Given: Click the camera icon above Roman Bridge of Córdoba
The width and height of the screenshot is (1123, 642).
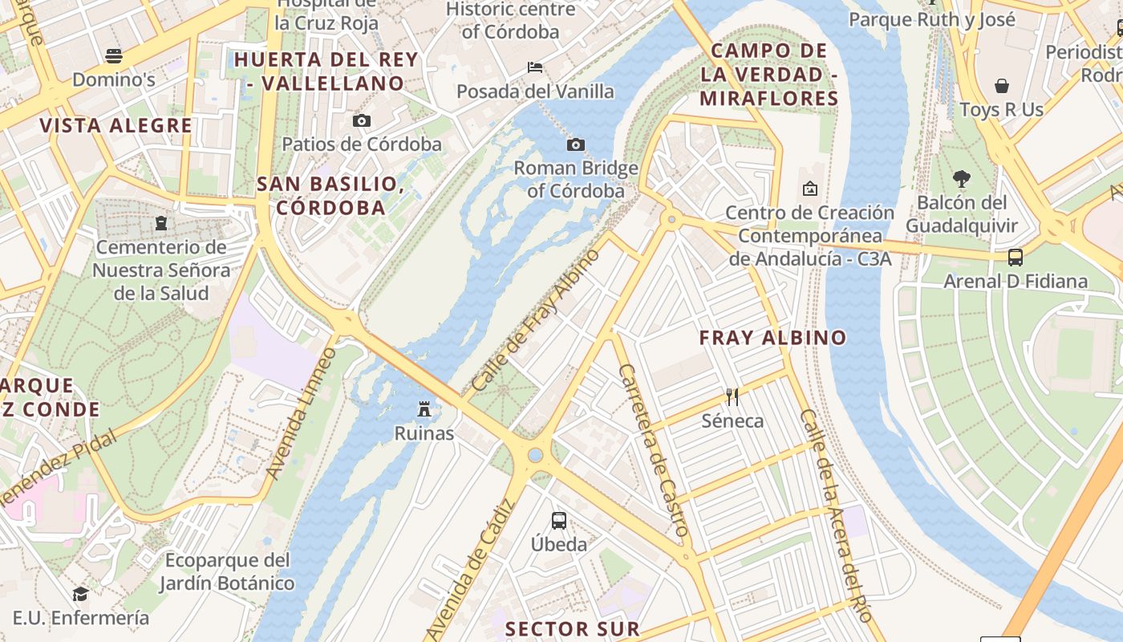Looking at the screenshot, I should (x=575, y=145).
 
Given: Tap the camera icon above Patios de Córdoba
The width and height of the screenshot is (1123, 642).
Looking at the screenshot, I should (x=362, y=121).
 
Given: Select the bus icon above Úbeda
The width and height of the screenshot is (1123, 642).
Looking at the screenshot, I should (x=559, y=520).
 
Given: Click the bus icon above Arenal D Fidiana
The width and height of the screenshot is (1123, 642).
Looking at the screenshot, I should (x=1016, y=258).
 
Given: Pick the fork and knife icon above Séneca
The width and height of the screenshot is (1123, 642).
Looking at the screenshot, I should (x=732, y=396).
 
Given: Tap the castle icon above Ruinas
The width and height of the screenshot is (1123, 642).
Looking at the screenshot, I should (x=424, y=410).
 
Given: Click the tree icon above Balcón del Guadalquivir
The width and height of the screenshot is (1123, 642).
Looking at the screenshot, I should (x=961, y=179).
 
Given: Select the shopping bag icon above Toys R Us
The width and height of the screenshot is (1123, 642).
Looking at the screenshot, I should (x=1002, y=86).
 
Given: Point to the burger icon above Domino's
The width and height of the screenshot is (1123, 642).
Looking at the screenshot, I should (x=114, y=56).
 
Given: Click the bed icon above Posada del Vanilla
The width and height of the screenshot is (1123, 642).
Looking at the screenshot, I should (x=536, y=67).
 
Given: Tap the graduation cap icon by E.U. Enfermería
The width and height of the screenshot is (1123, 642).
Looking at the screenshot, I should (x=80, y=594).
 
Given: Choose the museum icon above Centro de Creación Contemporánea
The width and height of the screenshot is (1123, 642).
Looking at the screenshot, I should (x=810, y=189).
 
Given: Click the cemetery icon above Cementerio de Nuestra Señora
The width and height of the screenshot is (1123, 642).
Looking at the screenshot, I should (x=161, y=222).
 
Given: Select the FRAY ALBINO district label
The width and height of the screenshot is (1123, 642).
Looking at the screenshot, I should (x=772, y=338).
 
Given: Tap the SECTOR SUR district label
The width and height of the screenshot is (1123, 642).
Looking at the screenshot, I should (x=573, y=628).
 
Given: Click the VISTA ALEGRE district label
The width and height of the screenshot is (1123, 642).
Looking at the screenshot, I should (x=116, y=126).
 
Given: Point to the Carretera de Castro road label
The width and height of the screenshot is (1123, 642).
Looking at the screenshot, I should (x=654, y=450).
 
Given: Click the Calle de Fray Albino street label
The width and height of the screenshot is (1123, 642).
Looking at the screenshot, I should (x=536, y=320).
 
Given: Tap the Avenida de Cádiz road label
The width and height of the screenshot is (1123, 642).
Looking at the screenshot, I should (x=470, y=571).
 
